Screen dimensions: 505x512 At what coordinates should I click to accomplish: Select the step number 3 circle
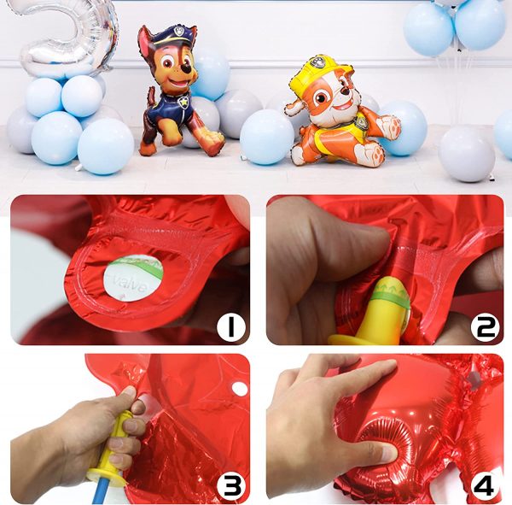point(230,484)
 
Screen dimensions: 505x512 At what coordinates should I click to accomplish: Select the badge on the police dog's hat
point(178,34)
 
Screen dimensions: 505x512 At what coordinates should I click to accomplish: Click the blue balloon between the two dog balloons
point(266,137)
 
